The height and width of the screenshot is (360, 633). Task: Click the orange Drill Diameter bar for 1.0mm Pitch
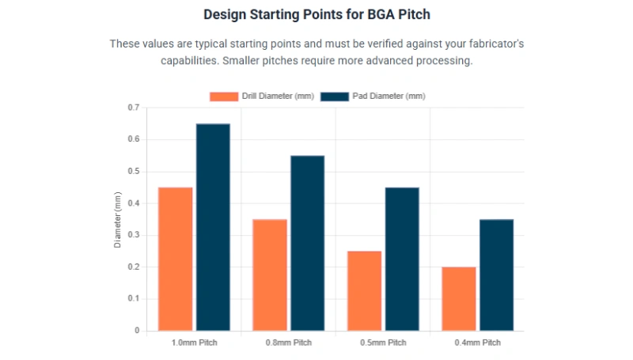175,259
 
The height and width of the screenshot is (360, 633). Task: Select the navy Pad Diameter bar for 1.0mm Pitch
213,227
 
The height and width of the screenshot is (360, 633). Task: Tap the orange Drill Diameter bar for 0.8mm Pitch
270,275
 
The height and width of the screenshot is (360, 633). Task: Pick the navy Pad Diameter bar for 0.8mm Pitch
307,243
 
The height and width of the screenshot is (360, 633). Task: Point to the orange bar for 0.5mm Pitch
364,290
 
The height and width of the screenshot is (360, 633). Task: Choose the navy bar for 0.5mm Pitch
402,259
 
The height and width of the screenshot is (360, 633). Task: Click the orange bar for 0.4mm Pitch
459,298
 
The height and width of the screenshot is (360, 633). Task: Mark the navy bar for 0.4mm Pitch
496,275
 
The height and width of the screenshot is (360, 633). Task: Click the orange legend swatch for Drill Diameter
223,97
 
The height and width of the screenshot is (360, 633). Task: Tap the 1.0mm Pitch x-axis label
194,343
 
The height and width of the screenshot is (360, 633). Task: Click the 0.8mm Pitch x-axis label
289,343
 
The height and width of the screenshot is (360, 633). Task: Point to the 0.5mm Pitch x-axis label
383,343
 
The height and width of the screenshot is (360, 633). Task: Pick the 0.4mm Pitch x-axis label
478,343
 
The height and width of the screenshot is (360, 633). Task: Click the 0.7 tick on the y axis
132,108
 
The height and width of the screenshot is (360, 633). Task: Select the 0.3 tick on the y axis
132,235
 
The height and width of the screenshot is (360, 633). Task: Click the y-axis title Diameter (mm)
118,219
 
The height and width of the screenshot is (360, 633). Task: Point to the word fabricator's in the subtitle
491,44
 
